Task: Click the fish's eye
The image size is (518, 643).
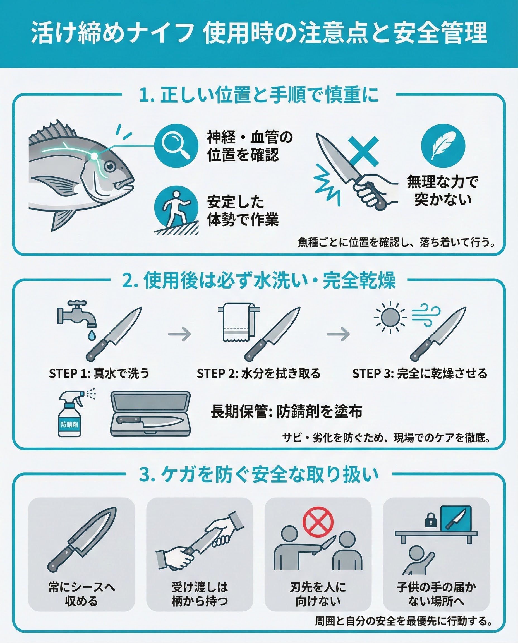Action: pyautogui.click(x=110, y=167)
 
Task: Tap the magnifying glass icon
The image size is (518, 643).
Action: pyautogui.click(x=176, y=145)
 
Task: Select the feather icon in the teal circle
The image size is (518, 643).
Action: pyautogui.click(x=443, y=146)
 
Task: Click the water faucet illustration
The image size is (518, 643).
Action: pyautogui.click(x=77, y=313)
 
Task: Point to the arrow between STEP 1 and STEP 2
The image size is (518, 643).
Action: pyautogui.click(x=179, y=334)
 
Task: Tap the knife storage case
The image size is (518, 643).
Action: pyautogui.click(x=150, y=414)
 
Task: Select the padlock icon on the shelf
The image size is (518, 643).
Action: pyautogui.click(x=431, y=520)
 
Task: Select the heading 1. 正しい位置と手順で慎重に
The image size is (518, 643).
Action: pyautogui.click(x=259, y=95)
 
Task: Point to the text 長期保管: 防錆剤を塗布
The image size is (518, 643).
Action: pyautogui.click(x=286, y=412)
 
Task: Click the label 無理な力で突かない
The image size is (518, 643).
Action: pyautogui.click(x=443, y=190)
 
